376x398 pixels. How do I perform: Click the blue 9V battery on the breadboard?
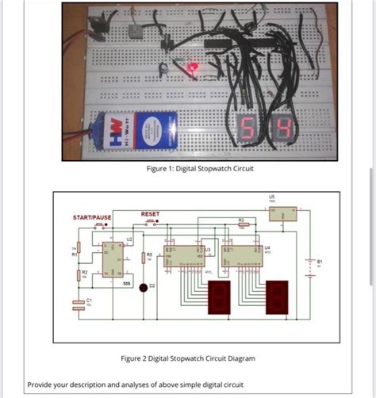click(x=140, y=130)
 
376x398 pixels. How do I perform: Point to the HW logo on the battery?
click(x=114, y=131)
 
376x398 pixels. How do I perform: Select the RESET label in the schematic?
click(x=150, y=214)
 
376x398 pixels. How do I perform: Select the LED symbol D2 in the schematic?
click(x=144, y=287)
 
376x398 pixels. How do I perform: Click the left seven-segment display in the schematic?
click(x=217, y=297)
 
